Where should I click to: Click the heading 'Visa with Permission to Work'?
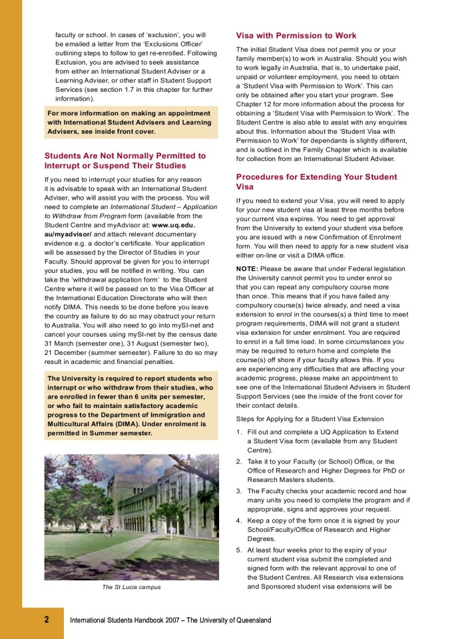point(296,35)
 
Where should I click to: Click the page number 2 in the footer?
point(47,620)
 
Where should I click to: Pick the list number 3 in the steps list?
point(239,491)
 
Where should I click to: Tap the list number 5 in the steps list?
point(239,550)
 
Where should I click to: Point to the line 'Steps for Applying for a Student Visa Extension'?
point(310,419)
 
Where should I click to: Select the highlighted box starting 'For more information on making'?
point(130,122)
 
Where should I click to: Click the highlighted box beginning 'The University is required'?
point(130,405)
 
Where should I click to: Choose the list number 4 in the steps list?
point(239,521)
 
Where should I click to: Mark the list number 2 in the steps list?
point(239,462)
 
